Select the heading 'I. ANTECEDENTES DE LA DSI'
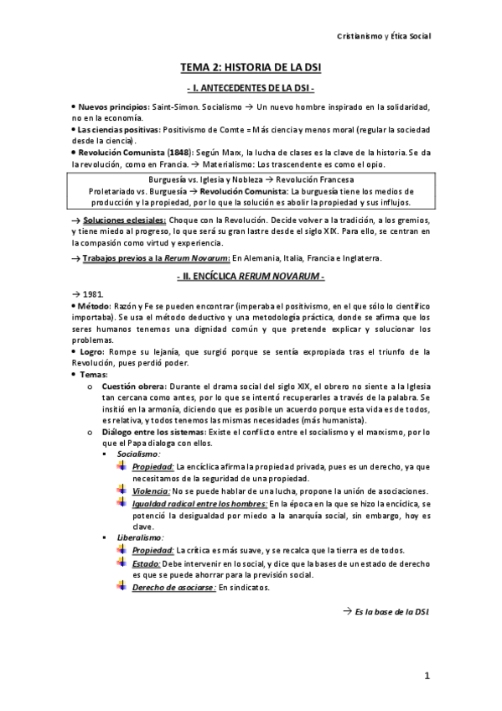tap(251, 88)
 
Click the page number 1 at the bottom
tap(427, 676)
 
